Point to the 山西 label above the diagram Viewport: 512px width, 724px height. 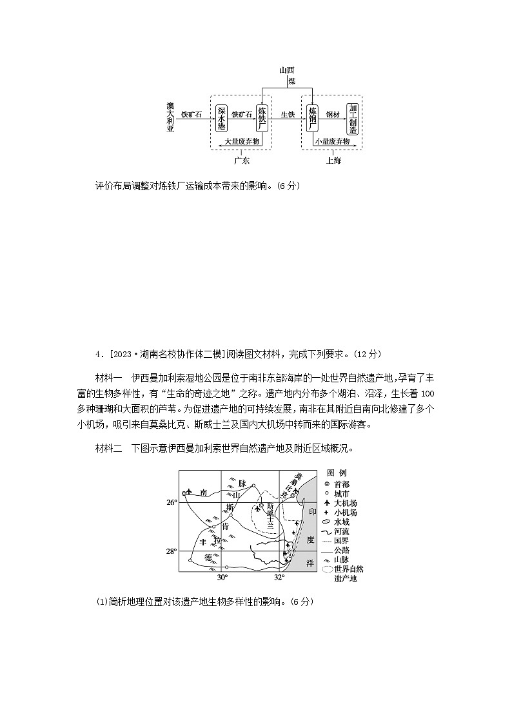point(287,70)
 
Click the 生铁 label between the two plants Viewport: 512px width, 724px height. point(288,114)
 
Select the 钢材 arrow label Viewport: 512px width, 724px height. point(332,114)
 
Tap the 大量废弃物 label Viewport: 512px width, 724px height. point(241,141)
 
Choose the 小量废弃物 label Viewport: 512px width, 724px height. point(332,141)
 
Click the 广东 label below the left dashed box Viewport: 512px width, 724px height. point(242,161)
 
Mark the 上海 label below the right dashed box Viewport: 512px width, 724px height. point(333,161)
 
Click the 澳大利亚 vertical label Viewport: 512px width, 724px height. point(170,117)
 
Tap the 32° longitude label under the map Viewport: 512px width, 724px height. point(279,577)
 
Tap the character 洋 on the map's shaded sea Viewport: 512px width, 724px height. point(310,563)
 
